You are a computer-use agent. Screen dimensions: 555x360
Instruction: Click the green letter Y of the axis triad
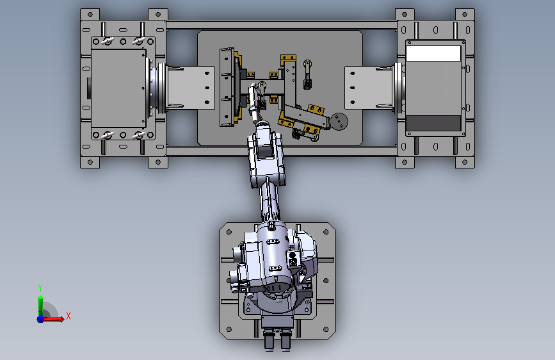pos(40,288)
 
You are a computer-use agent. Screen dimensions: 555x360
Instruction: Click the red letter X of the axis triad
pos(68,316)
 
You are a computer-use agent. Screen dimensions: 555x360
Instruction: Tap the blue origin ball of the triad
pos(41,319)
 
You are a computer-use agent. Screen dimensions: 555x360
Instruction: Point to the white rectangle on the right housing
pos(433,54)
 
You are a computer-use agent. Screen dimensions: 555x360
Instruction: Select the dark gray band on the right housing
pos(433,123)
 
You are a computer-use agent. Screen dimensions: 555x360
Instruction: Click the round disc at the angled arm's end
pos(339,122)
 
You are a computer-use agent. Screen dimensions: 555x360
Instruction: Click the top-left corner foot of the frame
pos(90,15)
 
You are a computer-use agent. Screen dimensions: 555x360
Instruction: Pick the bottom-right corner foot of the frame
pos(465,162)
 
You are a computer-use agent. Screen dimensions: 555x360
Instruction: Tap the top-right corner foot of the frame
pos(465,15)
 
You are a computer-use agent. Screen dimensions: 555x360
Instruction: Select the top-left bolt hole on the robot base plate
pos(229,232)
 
